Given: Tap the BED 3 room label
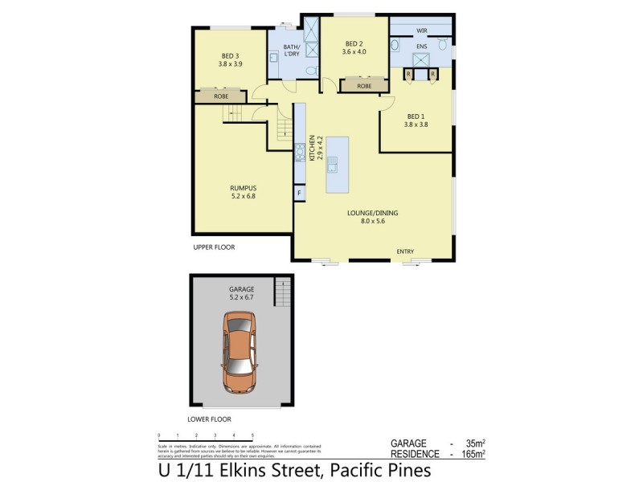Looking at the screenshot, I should [229, 55].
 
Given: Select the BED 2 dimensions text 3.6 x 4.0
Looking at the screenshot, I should [354, 53].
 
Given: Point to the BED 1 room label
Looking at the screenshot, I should [416, 115].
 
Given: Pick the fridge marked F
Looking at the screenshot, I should [299, 193].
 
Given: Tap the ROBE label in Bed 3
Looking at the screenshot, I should [221, 96].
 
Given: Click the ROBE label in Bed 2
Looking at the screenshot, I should [364, 85].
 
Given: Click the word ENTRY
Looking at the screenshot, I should [405, 251].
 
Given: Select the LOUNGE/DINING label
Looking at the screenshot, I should [372, 213].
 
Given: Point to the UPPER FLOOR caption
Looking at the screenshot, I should [214, 247].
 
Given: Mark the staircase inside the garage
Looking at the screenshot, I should [282, 292].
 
